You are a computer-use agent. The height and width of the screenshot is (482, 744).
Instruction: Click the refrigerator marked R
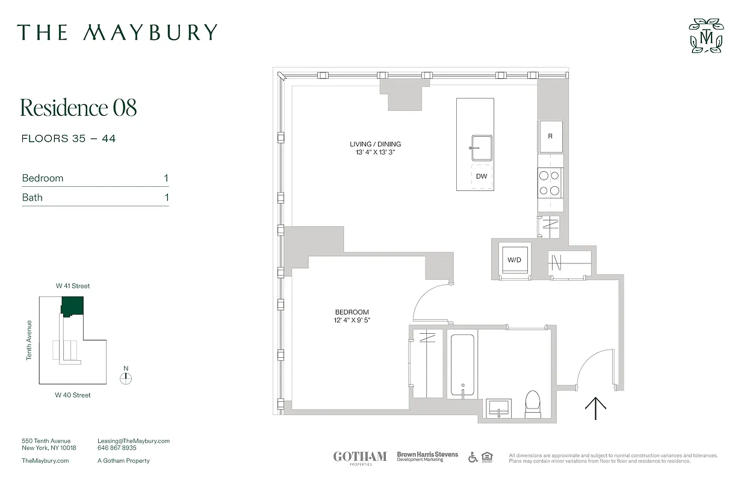click(x=550, y=136)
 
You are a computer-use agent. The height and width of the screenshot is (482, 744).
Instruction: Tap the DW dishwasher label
click(x=482, y=177)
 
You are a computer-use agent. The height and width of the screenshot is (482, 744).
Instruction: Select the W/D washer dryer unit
click(x=515, y=260)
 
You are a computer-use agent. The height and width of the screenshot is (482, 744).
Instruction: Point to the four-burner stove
click(x=550, y=183)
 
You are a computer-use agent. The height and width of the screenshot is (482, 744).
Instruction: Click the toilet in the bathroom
click(x=533, y=404)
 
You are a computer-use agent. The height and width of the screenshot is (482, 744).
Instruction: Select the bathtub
click(x=462, y=364)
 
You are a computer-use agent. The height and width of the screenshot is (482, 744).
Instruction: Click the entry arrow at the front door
click(x=595, y=408)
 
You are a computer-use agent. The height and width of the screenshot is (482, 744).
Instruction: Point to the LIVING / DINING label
click(x=375, y=144)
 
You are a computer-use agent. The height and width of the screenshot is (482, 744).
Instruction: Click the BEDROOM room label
click(x=352, y=312)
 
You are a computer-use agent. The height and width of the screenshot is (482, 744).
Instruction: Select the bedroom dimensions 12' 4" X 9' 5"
click(x=352, y=320)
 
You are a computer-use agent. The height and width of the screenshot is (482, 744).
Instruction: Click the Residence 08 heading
click(x=79, y=107)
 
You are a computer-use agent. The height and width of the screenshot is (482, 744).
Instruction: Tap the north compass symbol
click(x=126, y=378)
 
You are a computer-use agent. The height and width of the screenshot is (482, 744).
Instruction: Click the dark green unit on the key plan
click(x=72, y=306)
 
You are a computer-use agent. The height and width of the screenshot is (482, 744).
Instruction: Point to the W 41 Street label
click(x=73, y=286)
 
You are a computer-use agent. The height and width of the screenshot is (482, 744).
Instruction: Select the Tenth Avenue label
click(x=29, y=340)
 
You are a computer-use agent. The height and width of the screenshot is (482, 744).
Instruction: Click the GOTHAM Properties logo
click(x=360, y=457)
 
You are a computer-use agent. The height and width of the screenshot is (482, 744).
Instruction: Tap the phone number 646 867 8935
click(x=117, y=448)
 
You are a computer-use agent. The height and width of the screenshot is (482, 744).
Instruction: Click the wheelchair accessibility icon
click(x=473, y=457)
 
